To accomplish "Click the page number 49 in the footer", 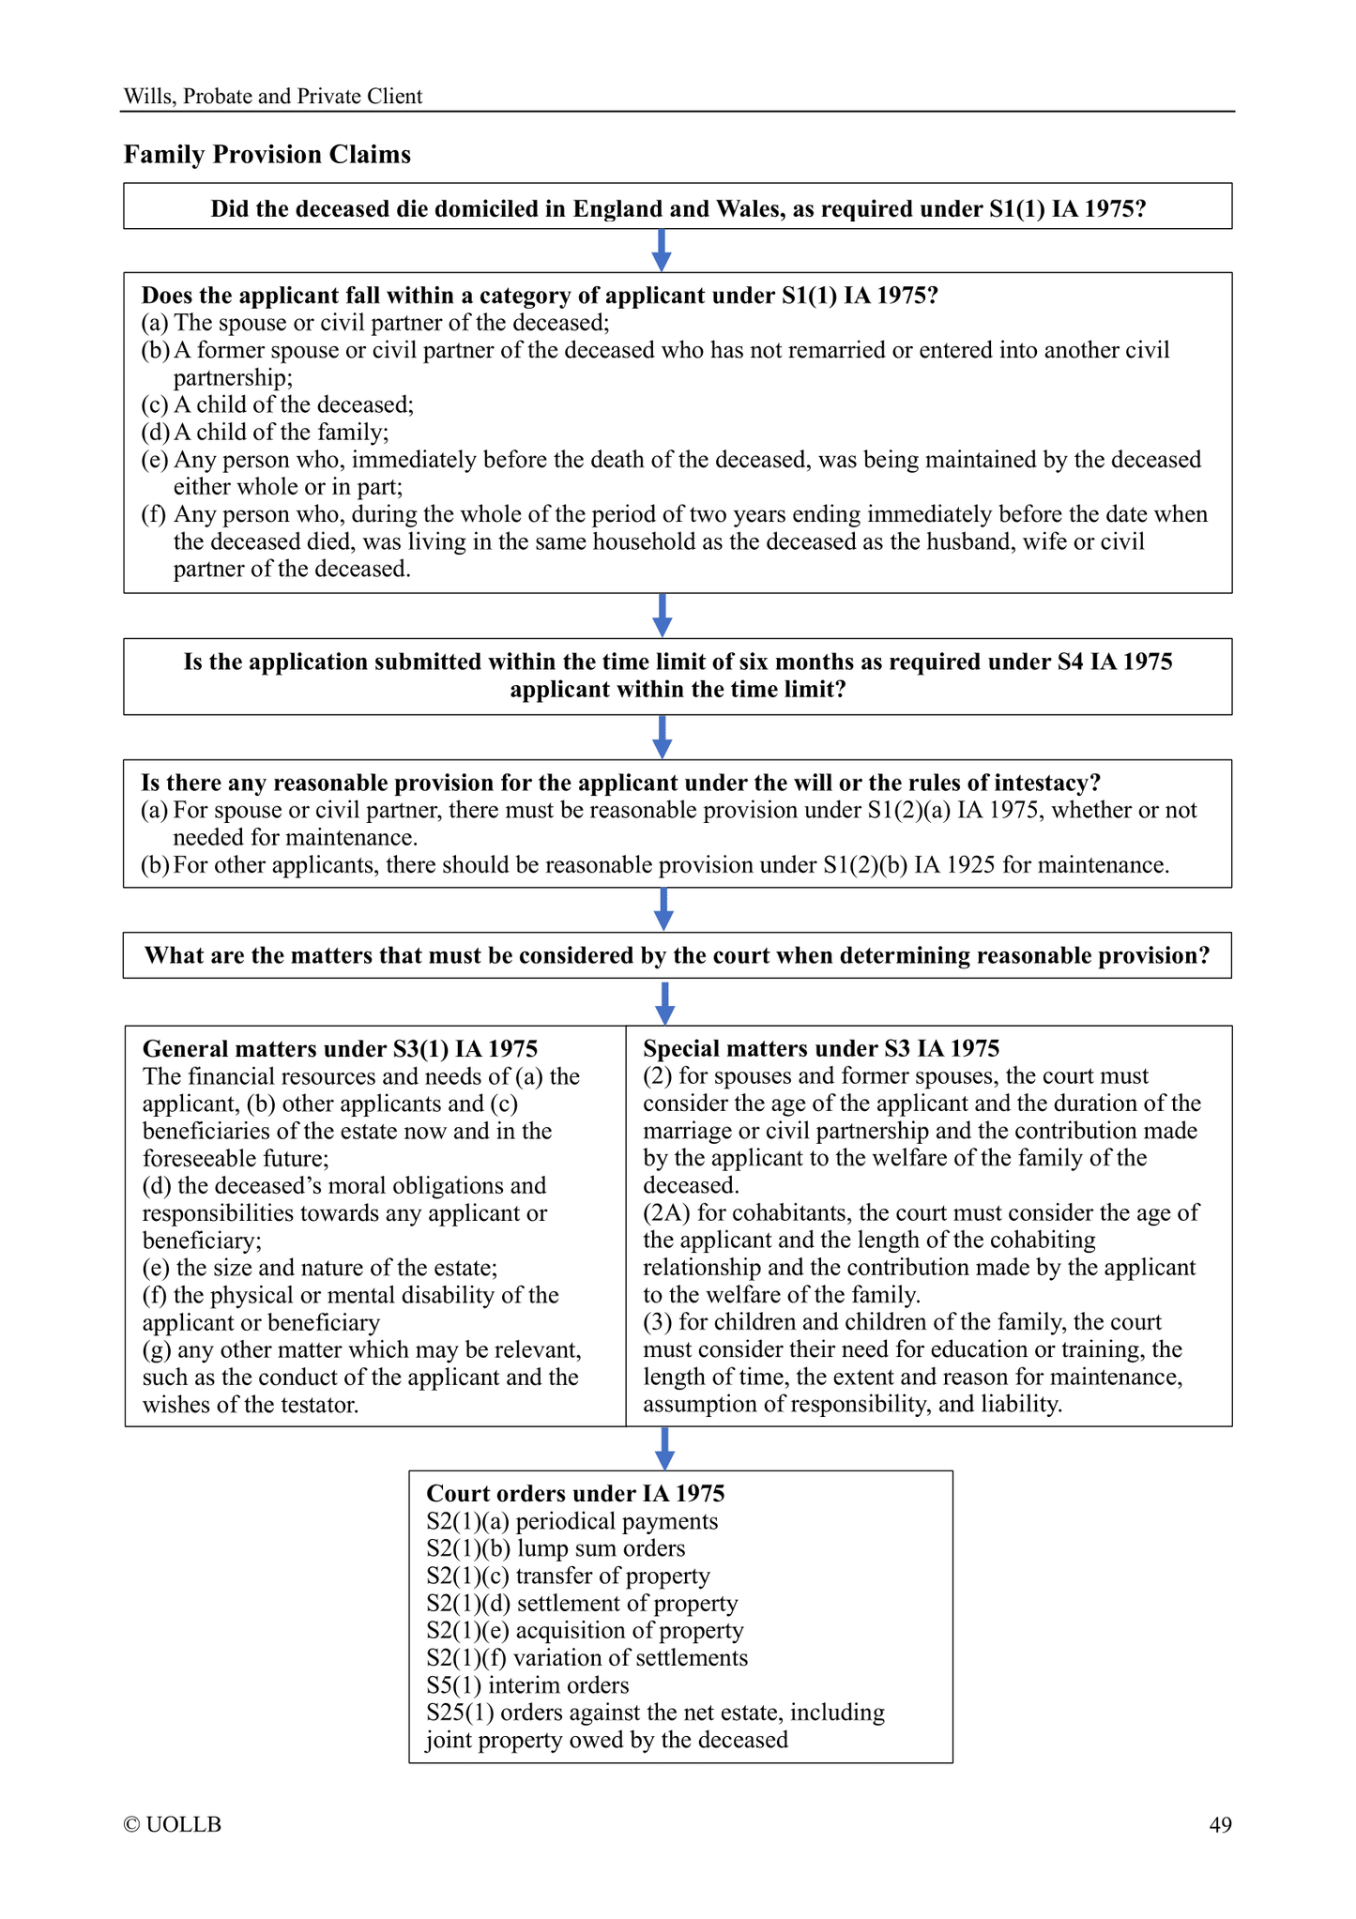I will (x=1220, y=1824).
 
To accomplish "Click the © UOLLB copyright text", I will (x=173, y=1824).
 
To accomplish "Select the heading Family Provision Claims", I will (x=267, y=155).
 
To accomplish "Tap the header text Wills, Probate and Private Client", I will (x=273, y=97).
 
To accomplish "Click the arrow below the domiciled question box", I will (x=662, y=251).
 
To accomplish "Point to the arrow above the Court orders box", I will (x=664, y=1448).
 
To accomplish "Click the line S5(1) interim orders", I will (x=527, y=1684).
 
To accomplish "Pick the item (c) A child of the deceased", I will (x=278, y=404).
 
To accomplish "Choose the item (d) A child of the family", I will (x=266, y=432).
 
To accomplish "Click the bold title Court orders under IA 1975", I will (x=575, y=1493).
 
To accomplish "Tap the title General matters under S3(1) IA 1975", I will (x=340, y=1048).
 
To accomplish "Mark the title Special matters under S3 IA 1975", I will (x=821, y=1048).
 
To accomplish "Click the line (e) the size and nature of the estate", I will (x=320, y=1268).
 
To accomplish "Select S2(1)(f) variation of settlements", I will (x=587, y=1657).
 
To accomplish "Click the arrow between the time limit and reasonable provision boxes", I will (x=662, y=737).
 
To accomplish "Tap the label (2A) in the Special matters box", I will (x=665, y=1212).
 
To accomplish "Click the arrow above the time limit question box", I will (x=662, y=616).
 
